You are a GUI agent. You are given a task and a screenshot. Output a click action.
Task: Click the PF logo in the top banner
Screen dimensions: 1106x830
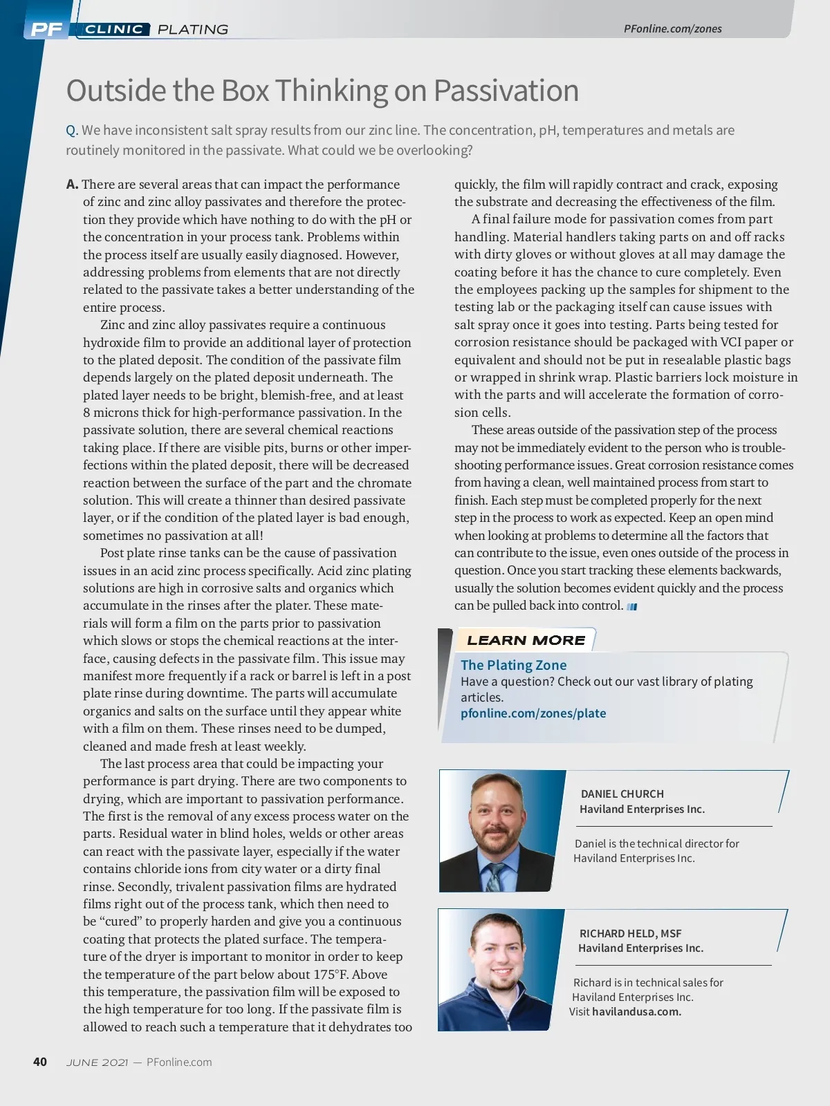coord(46,29)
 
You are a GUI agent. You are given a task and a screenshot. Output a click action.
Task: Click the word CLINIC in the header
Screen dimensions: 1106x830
coord(114,29)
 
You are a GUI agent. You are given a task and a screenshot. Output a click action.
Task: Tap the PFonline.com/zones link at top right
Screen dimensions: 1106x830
coord(672,28)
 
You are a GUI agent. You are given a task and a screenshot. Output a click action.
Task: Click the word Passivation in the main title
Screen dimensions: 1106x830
coord(506,91)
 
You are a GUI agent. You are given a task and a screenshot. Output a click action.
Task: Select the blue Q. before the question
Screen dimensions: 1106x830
coord(72,131)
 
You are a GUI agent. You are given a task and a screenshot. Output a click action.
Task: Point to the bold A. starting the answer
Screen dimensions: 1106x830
coord(73,185)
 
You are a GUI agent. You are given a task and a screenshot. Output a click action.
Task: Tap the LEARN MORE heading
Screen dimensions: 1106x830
coord(526,640)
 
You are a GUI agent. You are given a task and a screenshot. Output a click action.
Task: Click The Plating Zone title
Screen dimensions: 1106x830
coord(513,665)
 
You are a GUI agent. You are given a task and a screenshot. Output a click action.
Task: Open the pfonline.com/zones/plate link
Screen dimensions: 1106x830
coord(533,713)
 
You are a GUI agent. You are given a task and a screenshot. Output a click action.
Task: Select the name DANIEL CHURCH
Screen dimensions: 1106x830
coord(622,794)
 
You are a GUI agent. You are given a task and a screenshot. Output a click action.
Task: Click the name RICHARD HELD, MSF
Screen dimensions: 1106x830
coord(630,933)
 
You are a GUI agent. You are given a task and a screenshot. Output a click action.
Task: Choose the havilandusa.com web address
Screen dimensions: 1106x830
coord(636,1012)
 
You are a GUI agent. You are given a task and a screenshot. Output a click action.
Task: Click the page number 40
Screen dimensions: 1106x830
coord(40,1062)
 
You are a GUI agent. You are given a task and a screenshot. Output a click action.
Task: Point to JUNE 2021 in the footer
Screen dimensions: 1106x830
coord(97,1062)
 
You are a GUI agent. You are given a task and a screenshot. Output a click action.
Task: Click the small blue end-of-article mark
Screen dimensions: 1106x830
coord(631,607)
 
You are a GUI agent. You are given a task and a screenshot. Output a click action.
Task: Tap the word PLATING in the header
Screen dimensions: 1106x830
coord(193,29)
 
